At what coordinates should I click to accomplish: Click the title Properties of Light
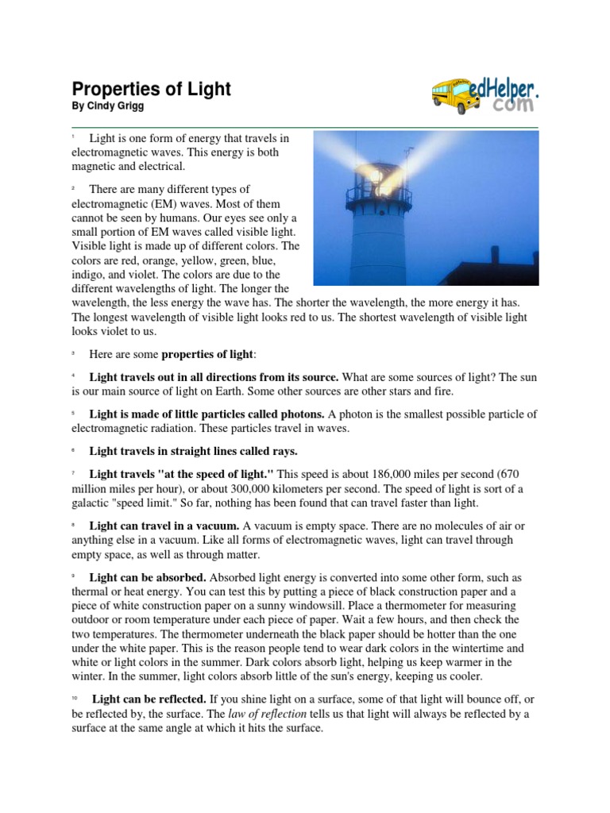[151, 89]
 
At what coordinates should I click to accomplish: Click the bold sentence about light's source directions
[214, 376]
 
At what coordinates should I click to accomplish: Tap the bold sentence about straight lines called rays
[193, 451]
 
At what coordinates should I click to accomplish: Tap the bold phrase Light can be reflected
[150, 699]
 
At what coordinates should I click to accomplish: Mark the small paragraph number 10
[75, 697]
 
